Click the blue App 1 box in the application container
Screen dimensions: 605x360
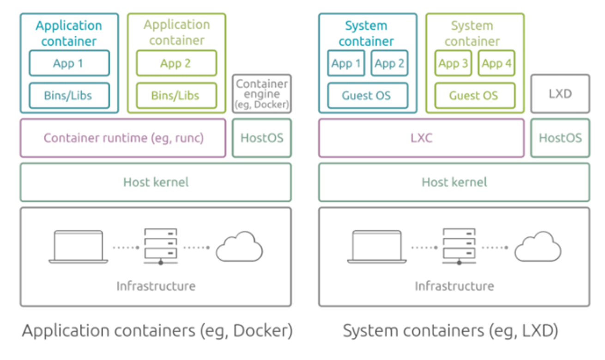click(x=69, y=63)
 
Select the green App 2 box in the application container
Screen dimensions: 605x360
click(x=176, y=63)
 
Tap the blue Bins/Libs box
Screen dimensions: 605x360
click(x=69, y=95)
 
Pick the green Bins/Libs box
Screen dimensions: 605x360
click(x=176, y=95)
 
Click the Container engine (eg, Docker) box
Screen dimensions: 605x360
click(x=262, y=94)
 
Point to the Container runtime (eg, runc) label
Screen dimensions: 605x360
click(x=124, y=138)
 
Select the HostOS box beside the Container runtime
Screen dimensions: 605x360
click(x=262, y=138)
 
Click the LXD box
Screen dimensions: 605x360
click(x=560, y=94)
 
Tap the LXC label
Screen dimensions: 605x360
click(x=421, y=138)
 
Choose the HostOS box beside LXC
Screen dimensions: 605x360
click(x=560, y=138)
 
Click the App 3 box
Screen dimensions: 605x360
click(x=453, y=63)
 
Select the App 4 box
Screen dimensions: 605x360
click(x=496, y=63)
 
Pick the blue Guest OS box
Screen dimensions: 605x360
click(x=368, y=95)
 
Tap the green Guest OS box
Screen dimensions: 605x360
click(x=475, y=95)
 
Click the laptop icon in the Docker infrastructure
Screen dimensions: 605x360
click(x=79, y=246)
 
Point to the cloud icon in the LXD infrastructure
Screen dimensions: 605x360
click(x=538, y=246)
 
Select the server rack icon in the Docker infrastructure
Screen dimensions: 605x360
click(x=161, y=246)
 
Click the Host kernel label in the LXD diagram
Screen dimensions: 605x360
click(x=454, y=182)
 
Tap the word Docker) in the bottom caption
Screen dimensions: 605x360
click(x=263, y=331)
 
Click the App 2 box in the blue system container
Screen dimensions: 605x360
click(x=389, y=63)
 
